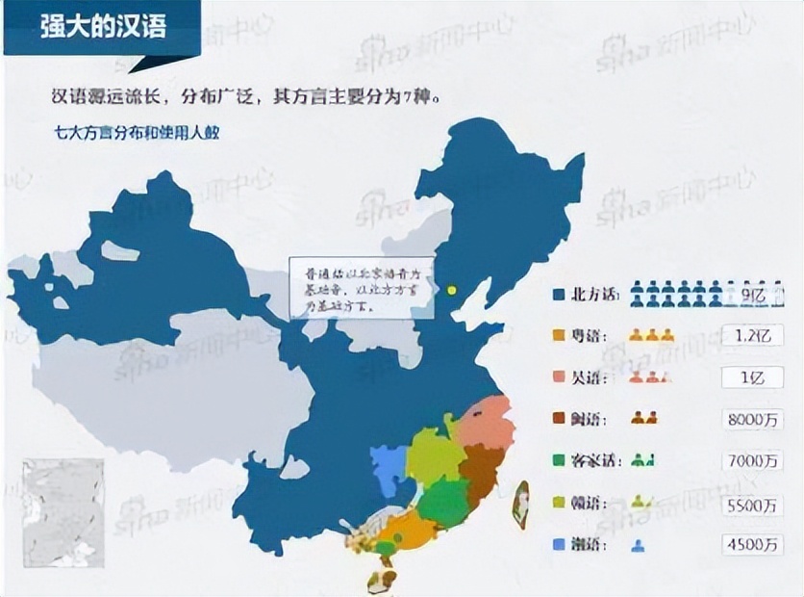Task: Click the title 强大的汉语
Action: tap(104, 26)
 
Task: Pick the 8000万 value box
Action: tap(751, 419)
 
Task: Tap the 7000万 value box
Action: tap(751, 460)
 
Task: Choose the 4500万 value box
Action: tap(751, 544)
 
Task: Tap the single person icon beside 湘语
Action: tap(637, 545)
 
